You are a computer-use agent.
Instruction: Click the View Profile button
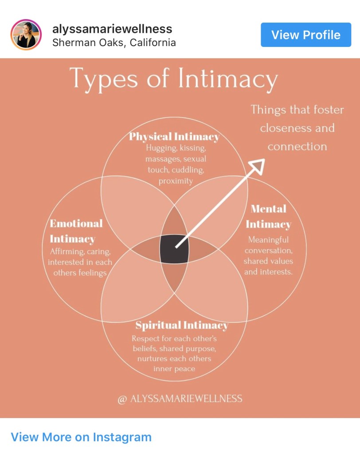(306, 35)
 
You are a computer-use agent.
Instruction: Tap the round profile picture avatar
(26, 35)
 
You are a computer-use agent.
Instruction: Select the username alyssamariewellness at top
(112, 29)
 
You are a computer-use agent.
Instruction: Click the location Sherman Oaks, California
(114, 43)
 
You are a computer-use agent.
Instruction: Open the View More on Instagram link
(81, 437)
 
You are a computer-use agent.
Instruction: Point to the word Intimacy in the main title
(227, 79)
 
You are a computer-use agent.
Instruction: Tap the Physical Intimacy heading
(174, 136)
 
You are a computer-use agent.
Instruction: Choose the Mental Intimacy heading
(268, 216)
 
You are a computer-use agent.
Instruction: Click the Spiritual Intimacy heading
(182, 325)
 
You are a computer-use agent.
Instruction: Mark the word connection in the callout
(297, 146)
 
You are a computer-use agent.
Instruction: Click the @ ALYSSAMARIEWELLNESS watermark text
(180, 399)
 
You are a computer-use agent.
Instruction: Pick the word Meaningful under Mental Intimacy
(268, 240)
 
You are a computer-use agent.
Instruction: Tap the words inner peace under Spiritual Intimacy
(174, 368)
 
